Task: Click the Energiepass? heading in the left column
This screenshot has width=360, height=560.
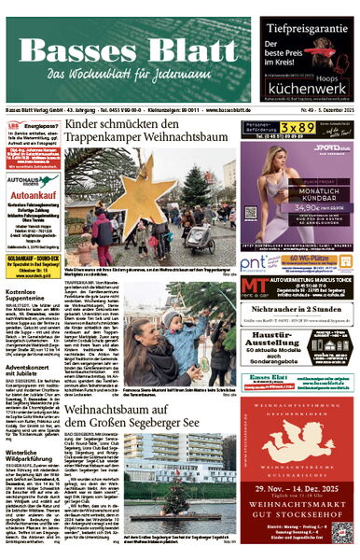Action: [37, 123]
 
